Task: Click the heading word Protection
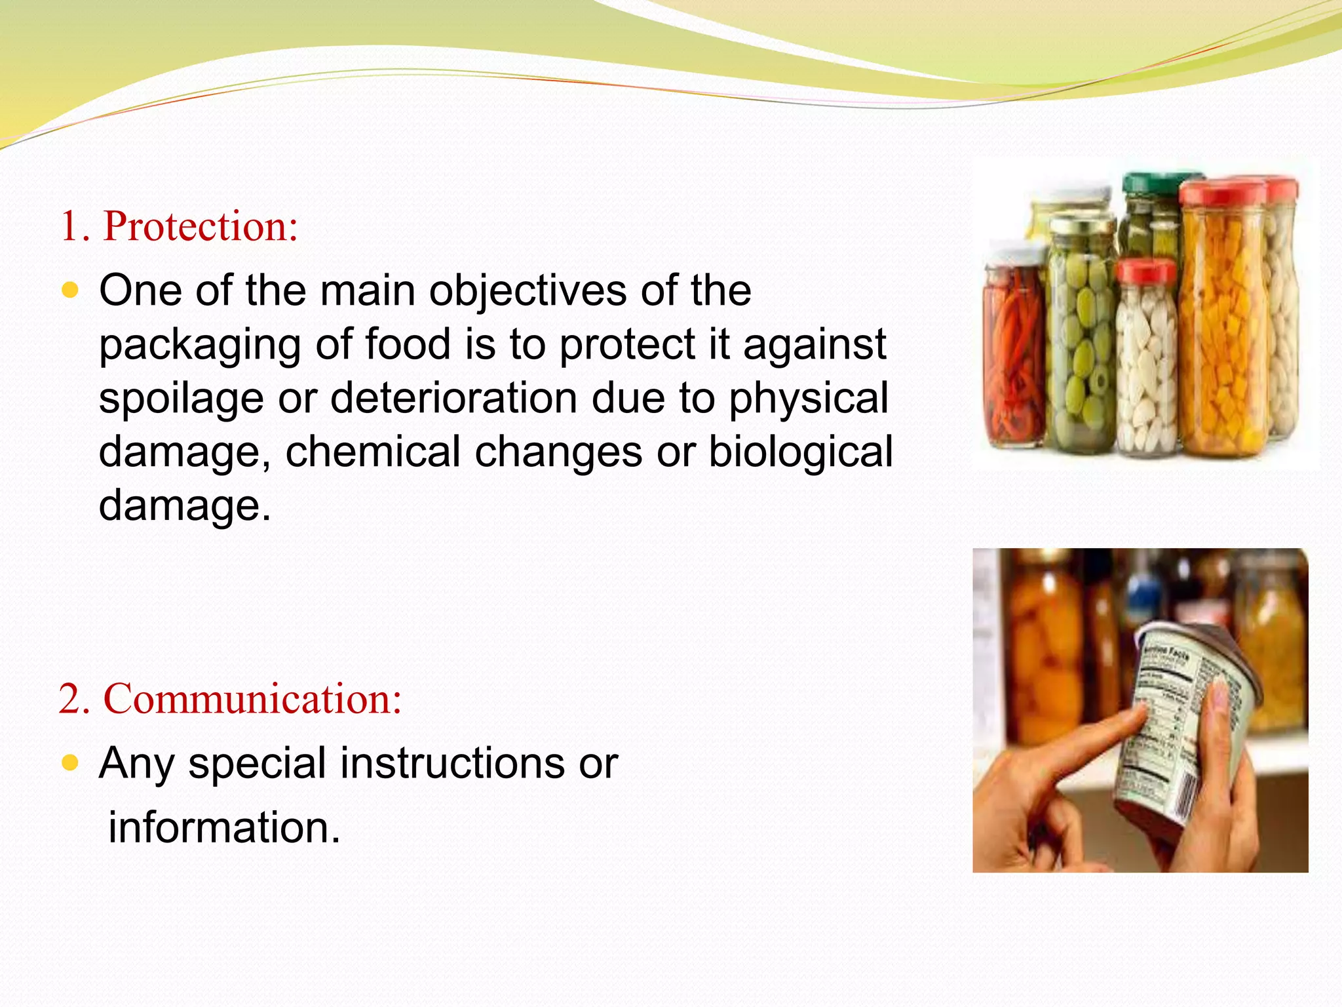click(x=201, y=226)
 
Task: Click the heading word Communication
click(x=252, y=699)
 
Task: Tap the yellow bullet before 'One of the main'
click(x=69, y=290)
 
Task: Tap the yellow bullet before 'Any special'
click(x=69, y=762)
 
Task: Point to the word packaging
click(x=200, y=346)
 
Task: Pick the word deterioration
click(x=453, y=398)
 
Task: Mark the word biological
click(x=801, y=452)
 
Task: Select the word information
click(x=224, y=827)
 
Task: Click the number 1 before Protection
click(x=69, y=227)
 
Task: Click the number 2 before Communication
click(x=68, y=699)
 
